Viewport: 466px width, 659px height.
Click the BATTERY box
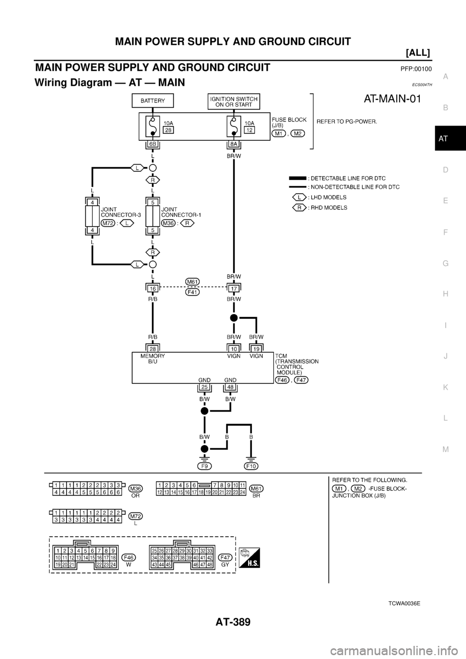152,101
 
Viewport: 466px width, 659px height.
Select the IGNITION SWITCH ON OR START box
233,101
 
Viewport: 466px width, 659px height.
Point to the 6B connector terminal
152,144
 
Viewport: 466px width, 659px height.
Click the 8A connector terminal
233,144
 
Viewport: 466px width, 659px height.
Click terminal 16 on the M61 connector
152,288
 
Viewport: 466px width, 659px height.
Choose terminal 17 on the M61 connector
233,288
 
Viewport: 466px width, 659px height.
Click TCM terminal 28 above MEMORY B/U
152,349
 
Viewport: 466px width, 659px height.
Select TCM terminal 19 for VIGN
256,349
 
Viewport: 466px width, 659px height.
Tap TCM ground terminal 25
204,387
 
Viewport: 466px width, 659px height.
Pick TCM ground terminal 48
230,387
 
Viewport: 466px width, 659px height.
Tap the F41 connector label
192,292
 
